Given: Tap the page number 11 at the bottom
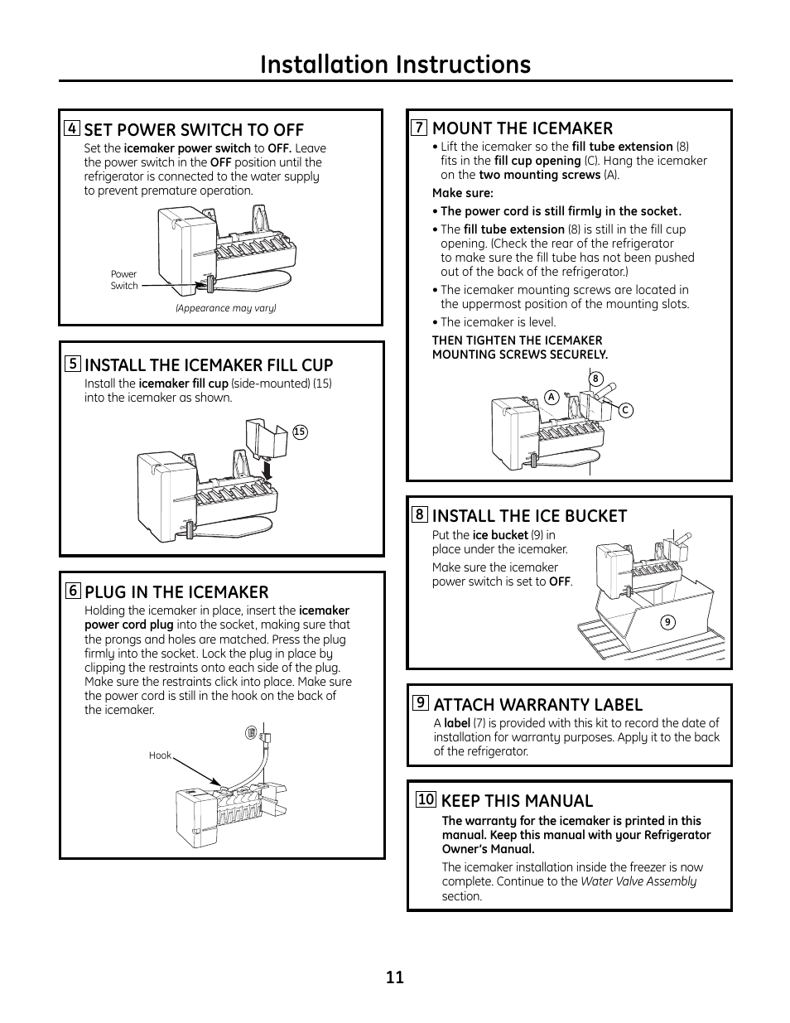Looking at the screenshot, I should pos(395,977).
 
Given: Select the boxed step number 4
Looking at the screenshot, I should pos(73,128).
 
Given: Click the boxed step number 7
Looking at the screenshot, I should pos(420,128).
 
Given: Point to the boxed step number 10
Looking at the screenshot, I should pos(426,799).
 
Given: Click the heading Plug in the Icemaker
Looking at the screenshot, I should pos(176,591).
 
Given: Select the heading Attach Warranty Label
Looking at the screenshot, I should pos(537,704).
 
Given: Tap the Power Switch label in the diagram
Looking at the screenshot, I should pos(124,280).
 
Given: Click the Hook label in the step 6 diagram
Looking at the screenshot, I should pos(160,755).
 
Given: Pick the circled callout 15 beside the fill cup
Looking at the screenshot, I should pos(300,432).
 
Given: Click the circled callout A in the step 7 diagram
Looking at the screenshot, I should pos(551,398).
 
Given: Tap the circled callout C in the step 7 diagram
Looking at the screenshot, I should pos(625,410).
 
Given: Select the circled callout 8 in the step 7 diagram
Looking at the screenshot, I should pos(595,379).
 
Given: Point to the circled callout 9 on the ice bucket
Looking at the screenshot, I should pos(668,622).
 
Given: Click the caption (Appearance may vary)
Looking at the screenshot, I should pos(225,308).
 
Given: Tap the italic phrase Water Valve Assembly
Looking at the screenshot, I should pos(638,881).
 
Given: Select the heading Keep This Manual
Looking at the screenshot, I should pos(517,800).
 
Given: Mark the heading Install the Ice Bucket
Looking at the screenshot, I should pos(529,515).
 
